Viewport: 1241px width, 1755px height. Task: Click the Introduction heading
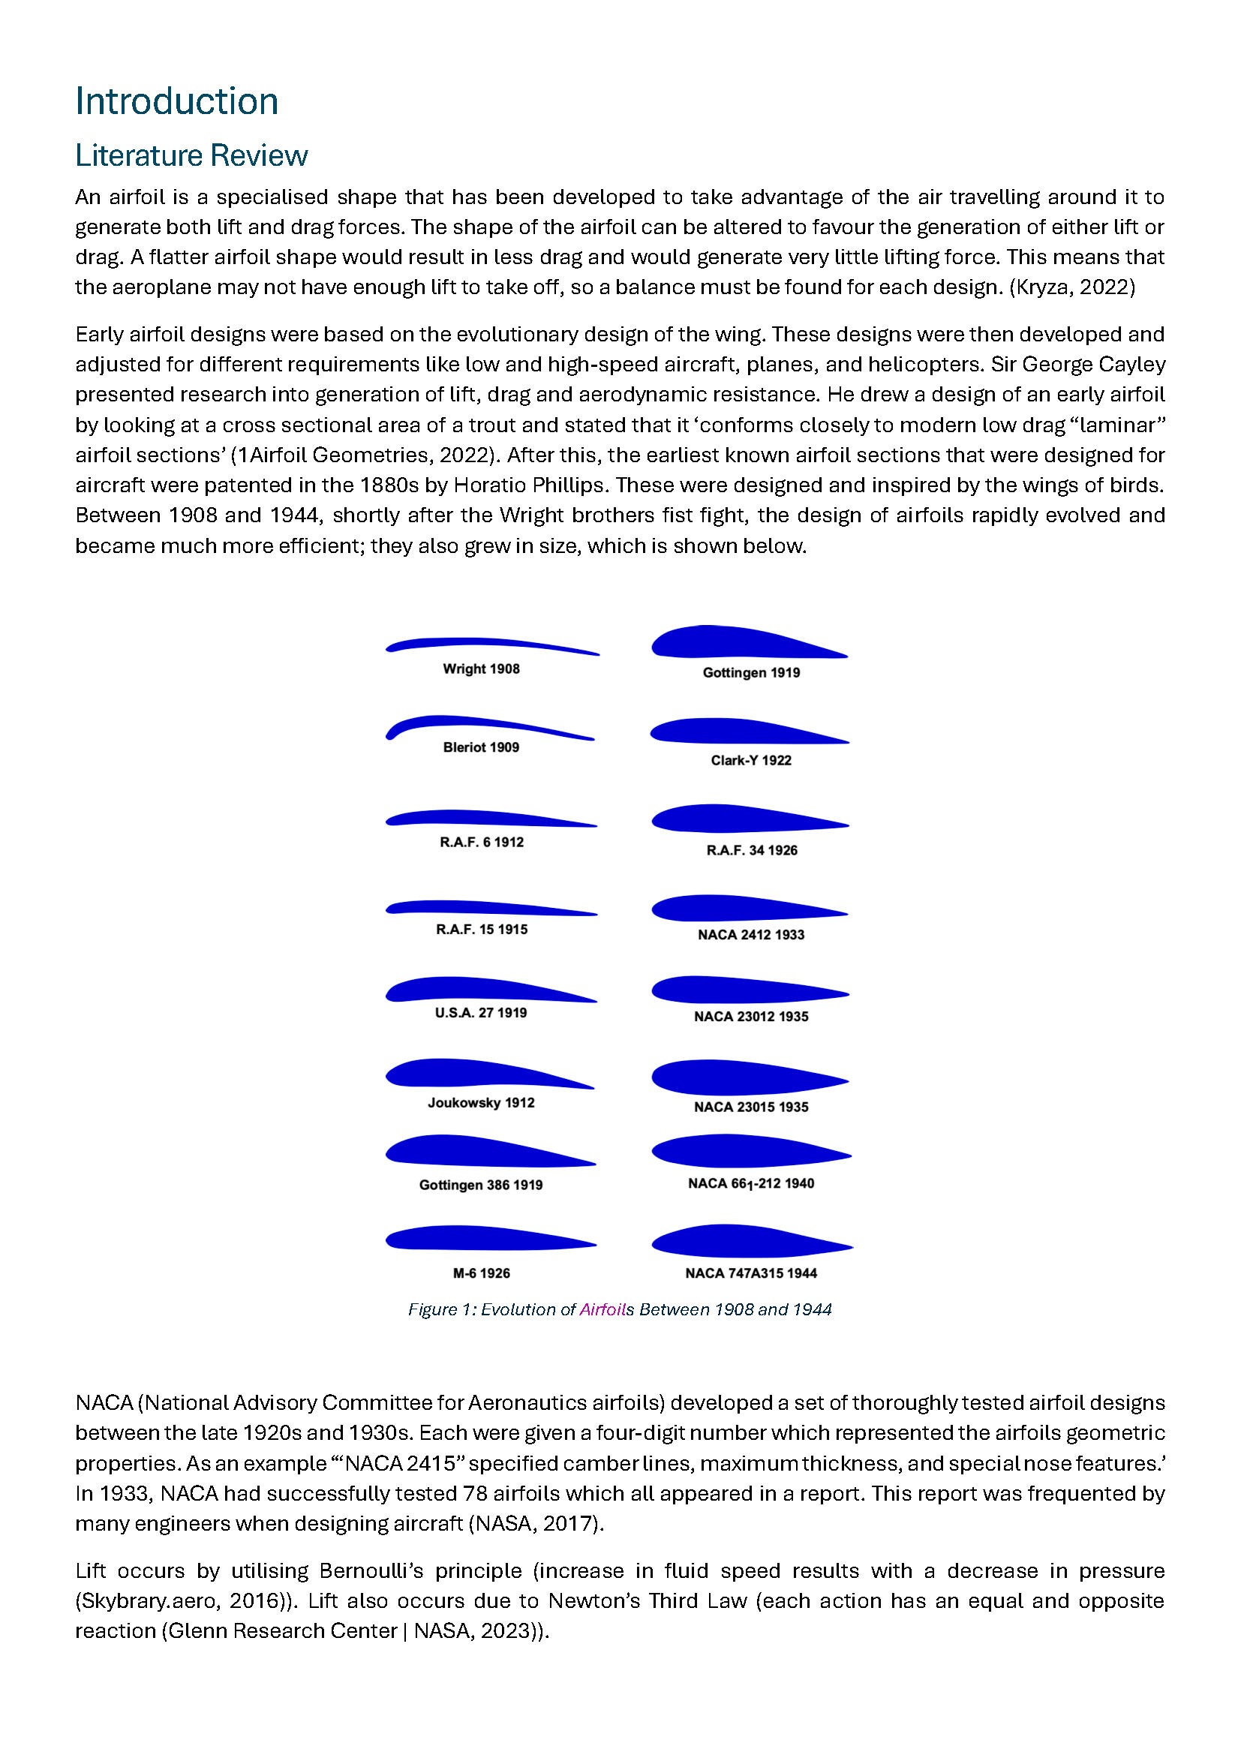(x=176, y=101)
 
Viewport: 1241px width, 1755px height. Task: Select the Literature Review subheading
(x=191, y=156)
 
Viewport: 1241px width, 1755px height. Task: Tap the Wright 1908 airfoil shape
(x=489, y=645)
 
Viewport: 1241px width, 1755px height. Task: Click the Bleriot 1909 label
(x=481, y=747)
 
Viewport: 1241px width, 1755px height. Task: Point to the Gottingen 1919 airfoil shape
(x=734, y=642)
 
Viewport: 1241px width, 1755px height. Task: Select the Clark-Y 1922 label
(x=750, y=761)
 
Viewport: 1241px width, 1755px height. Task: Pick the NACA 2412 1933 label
(x=750, y=935)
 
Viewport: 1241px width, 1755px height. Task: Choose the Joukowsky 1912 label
(x=481, y=1103)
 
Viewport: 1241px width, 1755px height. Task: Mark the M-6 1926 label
(x=481, y=1273)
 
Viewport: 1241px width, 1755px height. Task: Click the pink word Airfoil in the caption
(x=602, y=1309)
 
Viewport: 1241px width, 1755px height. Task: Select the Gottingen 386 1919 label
(x=481, y=1186)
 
